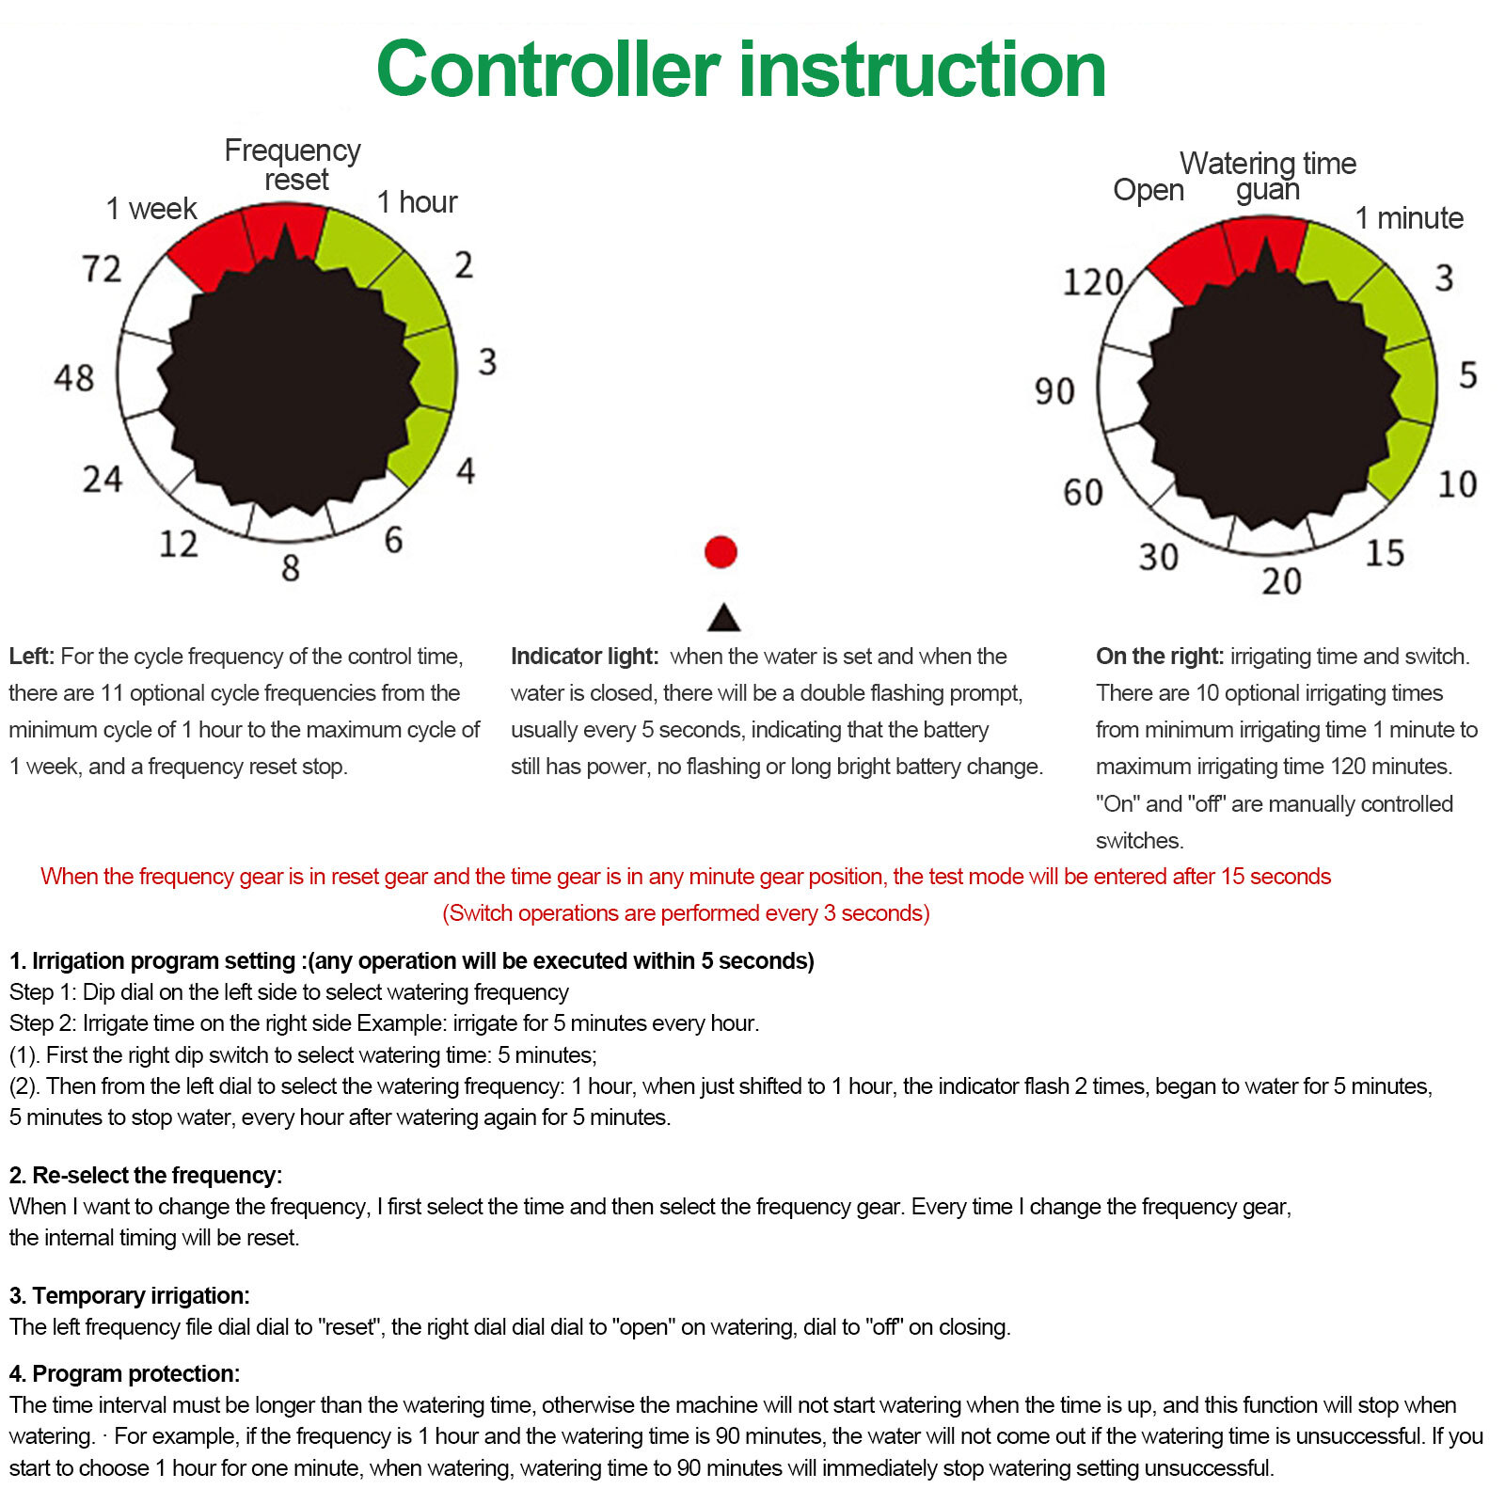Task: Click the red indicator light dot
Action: [x=721, y=552]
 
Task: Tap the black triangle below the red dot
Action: [x=723, y=619]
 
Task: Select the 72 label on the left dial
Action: [x=102, y=269]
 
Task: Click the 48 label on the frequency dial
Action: [x=74, y=378]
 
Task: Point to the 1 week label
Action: [x=150, y=208]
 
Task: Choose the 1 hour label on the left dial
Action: [x=417, y=202]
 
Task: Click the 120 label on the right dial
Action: [x=1092, y=282]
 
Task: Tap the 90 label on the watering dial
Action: [x=1054, y=391]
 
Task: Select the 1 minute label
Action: [x=1408, y=218]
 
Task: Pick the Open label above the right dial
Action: [x=1148, y=190]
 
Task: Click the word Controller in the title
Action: [x=548, y=70]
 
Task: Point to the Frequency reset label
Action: [x=293, y=165]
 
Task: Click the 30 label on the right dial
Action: [x=1158, y=557]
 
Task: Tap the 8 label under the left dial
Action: [x=291, y=568]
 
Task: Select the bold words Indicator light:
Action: [x=584, y=657]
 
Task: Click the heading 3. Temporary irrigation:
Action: [x=130, y=1295]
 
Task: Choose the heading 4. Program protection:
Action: [x=124, y=1373]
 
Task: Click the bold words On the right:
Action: [x=1160, y=657]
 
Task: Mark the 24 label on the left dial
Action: [x=103, y=480]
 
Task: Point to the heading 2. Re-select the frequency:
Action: [x=146, y=1175]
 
